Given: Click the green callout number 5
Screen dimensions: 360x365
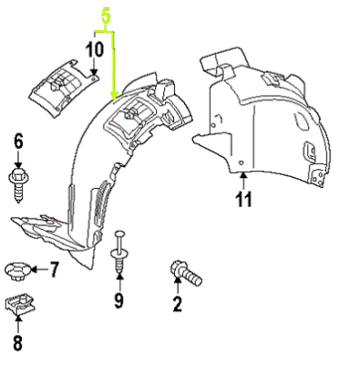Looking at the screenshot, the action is [x=106, y=16].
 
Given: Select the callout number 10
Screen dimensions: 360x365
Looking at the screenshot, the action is [x=95, y=48].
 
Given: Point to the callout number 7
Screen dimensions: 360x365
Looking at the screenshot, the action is [x=53, y=269].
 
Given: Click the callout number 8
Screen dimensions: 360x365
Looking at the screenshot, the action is [x=17, y=344].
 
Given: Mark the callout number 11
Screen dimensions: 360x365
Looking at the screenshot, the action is [x=241, y=202].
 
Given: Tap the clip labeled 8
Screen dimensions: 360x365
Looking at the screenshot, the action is [x=17, y=308].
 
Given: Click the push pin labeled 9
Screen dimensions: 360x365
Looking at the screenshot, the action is [x=118, y=254].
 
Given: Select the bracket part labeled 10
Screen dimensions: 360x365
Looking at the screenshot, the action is [x=63, y=89].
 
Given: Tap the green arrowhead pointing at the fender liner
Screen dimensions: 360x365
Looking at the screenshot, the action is [x=113, y=94].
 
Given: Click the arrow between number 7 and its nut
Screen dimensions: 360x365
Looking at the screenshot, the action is [x=36, y=269].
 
